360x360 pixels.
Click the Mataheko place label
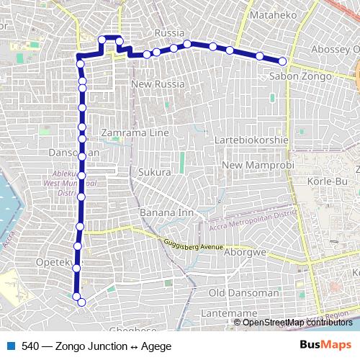(x=269, y=13)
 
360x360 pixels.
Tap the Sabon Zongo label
(x=300, y=76)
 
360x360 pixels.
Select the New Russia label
(x=158, y=84)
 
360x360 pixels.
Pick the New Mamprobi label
(x=256, y=166)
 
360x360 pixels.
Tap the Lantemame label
(x=234, y=314)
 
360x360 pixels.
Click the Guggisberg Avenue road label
(x=193, y=247)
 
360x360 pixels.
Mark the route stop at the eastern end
(x=282, y=61)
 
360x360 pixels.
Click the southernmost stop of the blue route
(x=81, y=302)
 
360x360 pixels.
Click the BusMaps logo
(x=326, y=345)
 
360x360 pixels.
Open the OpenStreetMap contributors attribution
(x=298, y=322)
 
